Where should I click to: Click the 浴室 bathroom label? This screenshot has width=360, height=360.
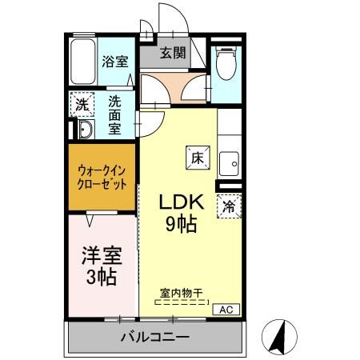point(115,61)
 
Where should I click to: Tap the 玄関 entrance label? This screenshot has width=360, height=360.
point(172,54)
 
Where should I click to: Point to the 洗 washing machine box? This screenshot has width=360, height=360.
point(82,103)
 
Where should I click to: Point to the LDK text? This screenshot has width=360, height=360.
point(183,202)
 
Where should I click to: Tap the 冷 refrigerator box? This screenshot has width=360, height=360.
point(229,206)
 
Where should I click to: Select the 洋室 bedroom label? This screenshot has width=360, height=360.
point(101,256)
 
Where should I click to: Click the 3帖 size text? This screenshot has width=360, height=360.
point(101,277)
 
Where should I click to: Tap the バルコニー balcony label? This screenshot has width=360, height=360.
point(155,336)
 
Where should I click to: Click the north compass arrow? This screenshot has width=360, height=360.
point(279,336)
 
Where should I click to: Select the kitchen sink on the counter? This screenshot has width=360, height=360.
point(229,160)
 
